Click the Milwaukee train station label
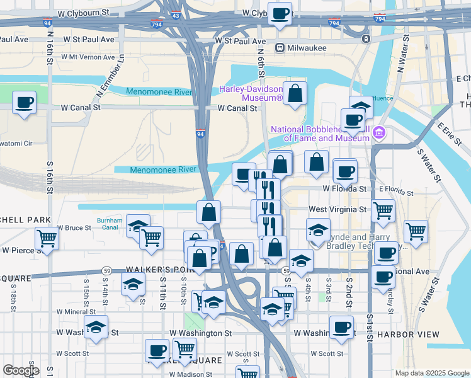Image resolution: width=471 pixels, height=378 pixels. click(307, 48)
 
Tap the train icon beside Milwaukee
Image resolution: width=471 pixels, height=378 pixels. click(280, 48)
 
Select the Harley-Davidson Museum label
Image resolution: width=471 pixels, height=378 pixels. click(251, 93)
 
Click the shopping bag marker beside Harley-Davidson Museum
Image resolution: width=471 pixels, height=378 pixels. click(294, 94)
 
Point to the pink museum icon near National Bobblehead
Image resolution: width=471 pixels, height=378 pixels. click(378, 133)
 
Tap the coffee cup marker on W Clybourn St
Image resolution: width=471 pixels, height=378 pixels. click(280, 13)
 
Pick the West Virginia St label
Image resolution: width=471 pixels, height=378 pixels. click(337, 209)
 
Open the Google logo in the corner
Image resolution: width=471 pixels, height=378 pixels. click(21, 370)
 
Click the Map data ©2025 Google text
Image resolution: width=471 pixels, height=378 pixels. click(432, 373)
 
